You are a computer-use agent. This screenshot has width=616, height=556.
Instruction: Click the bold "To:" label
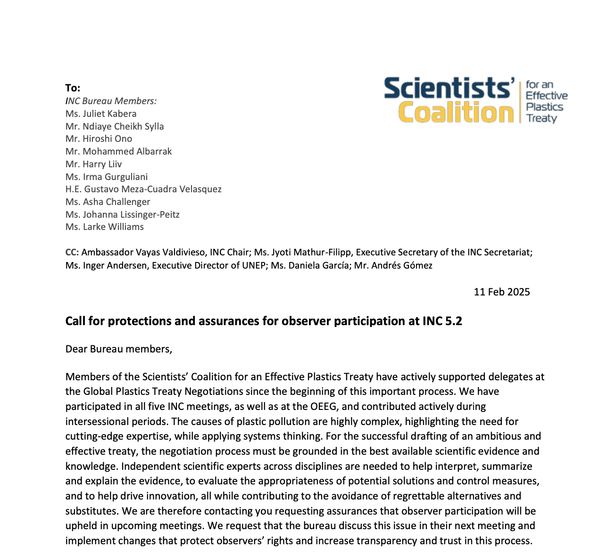73,88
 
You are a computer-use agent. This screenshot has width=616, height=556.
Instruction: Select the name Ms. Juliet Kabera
101,114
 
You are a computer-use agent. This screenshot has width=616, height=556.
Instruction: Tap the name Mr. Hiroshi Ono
99,139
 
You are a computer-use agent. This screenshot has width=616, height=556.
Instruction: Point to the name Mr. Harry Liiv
93,164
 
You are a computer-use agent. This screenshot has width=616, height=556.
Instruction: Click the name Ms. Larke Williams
104,227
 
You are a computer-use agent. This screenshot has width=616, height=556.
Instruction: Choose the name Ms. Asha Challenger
108,202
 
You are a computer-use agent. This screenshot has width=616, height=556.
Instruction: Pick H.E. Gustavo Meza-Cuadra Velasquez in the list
143,189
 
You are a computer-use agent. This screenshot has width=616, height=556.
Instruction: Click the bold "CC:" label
72,252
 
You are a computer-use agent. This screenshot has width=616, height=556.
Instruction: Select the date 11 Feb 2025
501,292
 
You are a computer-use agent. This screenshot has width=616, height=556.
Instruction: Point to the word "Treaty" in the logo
541,118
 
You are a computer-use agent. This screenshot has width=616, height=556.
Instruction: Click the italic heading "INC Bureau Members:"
111,101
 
